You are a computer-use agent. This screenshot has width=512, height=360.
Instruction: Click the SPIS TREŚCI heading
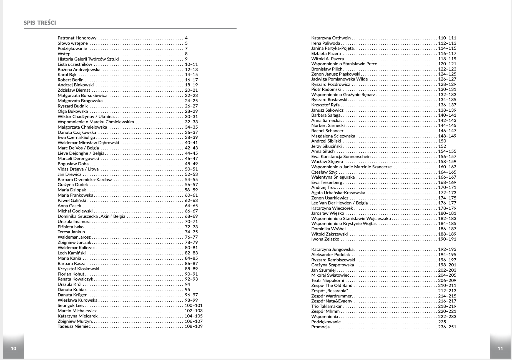coord(40,23)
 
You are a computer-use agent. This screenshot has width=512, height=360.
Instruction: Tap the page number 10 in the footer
coord(13,349)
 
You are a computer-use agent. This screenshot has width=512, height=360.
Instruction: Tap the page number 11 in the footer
coord(500,349)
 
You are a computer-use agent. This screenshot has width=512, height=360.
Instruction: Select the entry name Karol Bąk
coord(67,75)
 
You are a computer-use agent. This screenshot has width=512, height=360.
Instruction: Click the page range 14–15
coord(191,75)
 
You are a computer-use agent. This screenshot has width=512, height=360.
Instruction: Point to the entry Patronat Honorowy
coord(77,38)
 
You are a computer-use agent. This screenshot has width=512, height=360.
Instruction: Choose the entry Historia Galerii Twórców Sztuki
coord(88,59)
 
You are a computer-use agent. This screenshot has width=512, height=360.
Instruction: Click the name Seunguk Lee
coord(70,306)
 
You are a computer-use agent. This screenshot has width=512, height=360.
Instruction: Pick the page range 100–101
coord(194,306)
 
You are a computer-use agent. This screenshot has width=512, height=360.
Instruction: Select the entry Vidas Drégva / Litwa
coord(78,169)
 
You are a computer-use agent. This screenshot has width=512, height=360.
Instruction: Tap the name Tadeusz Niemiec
coord(74,326)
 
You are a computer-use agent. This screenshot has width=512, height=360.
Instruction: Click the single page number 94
coord(187,284)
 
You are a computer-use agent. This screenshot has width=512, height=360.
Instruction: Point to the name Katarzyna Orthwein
coord(331,38)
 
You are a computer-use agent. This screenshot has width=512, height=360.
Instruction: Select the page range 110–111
coord(447,38)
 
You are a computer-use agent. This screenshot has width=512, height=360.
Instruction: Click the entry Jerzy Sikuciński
coord(327,146)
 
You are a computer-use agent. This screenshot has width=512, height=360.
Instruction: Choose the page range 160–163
coord(447,167)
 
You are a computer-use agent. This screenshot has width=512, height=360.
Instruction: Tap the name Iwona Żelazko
coord(325,239)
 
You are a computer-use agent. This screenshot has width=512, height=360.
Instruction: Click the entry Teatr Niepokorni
coord(327,281)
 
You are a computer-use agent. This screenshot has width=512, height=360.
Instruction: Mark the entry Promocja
coord(320,327)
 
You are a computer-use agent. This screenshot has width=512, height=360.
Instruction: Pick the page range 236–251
coord(447,327)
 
